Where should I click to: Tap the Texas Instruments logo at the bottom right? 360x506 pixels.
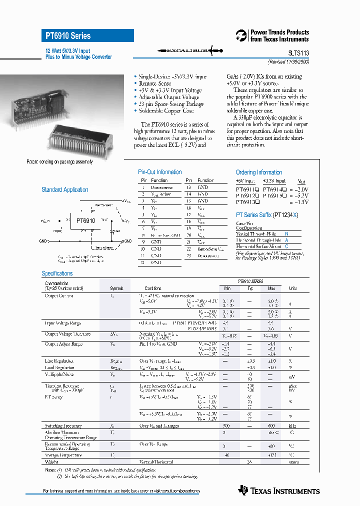[279, 490]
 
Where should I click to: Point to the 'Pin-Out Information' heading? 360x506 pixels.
[159, 172]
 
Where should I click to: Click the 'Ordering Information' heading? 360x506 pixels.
[258, 172]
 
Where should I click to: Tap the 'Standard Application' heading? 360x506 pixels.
[64, 190]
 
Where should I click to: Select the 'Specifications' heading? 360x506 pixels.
[57, 273]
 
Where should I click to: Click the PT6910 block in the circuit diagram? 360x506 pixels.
[85, 220]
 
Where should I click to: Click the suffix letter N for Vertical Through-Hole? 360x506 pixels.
[286, 233]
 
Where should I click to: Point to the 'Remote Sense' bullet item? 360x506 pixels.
[154, 83]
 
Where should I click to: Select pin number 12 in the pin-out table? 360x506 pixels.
[143, 262]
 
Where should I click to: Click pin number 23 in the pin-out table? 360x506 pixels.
[188, 255]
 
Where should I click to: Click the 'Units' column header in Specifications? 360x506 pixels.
[292, 288]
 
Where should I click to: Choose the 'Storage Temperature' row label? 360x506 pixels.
[63, 455]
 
